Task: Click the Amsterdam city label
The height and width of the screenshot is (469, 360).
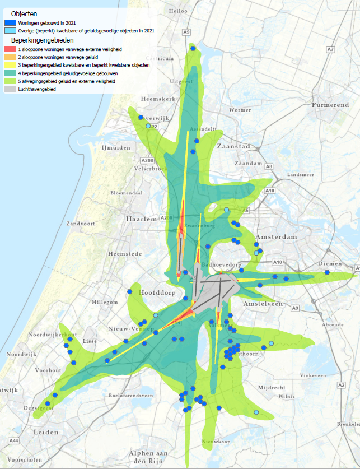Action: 275,237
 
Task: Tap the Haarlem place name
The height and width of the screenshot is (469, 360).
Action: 142,219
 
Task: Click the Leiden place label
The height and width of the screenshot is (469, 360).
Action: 46,432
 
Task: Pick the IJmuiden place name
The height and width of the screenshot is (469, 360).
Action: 115,147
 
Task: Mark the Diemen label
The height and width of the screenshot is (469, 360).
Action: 329,264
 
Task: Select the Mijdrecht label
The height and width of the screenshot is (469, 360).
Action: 272,387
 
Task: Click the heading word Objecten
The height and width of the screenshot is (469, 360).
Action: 24,13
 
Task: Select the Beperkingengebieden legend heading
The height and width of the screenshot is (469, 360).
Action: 43,40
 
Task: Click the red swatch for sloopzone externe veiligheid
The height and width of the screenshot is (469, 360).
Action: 10,49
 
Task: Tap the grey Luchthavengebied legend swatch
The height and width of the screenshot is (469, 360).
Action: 10,89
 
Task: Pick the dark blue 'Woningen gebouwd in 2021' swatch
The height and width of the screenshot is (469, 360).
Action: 10,22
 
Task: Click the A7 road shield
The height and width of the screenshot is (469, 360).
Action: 330,50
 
